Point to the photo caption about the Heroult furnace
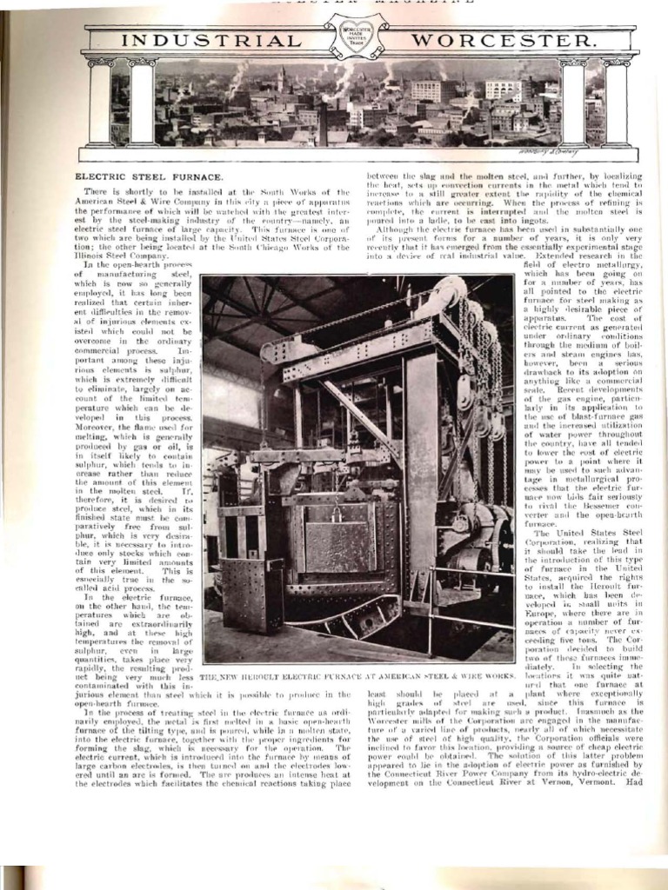click(x=357, y=676)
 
